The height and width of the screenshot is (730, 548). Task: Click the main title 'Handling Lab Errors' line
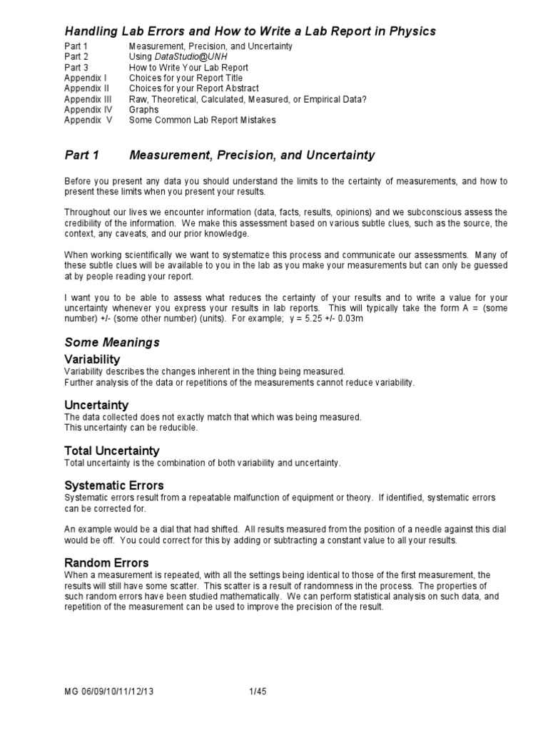pos(250,31)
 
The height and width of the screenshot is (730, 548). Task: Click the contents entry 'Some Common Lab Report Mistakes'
pos(202,120)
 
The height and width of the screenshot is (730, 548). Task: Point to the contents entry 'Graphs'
pos(144,110)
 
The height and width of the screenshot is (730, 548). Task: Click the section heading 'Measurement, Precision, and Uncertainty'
pos(252,155)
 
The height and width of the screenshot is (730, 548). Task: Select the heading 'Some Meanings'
pos(112,342)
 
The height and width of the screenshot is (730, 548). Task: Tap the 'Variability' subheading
pos(92,359)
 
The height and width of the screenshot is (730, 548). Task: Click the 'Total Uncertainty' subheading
pos(112,451)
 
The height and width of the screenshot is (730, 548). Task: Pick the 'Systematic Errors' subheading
pos(114,485)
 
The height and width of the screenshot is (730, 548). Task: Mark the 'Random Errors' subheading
pos(106,562)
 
